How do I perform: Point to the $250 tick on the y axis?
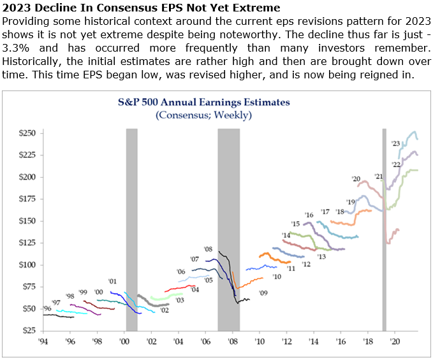click(26, 133)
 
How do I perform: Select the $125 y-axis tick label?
click(26, 243)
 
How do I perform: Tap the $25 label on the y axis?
click(27, 331)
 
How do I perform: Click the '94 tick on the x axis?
click(43, 342)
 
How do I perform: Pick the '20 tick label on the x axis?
click(395, 342)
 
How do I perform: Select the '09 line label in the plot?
click(262, 292)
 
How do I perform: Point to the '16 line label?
click(309, 215)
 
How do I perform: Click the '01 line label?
click(112, 281)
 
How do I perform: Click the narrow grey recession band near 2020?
click(384, 229)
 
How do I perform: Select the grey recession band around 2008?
click(228, 229)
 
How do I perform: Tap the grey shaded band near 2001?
click(131, 229)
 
